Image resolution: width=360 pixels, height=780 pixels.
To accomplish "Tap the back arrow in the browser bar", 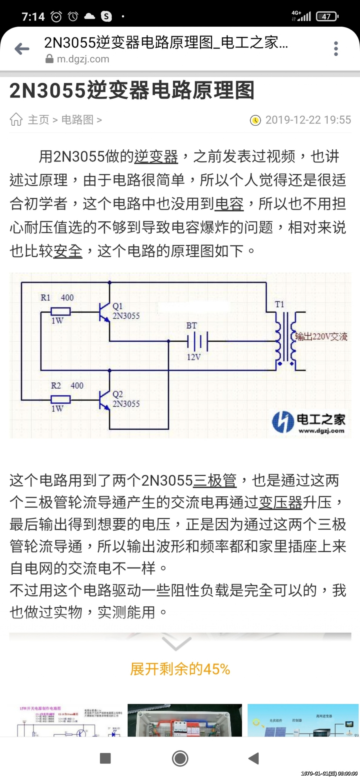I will click(x=22, y=49).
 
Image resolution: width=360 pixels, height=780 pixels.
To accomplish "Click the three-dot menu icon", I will click(x=336, y=49).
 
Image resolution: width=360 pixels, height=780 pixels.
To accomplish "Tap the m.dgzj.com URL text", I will click(x=83, y=59).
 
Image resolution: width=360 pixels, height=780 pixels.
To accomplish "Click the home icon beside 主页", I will click(x=16, y=119).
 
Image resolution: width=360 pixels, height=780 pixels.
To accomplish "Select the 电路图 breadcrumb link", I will click(x=77, y=120).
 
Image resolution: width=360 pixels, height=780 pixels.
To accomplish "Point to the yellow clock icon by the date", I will click(x=255, y=120).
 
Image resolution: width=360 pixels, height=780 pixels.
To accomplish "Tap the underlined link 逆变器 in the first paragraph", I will click(x=156, y=157).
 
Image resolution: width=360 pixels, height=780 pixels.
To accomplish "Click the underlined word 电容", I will click(x=229, y=204).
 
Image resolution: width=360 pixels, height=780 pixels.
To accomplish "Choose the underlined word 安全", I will click(x=68, y=251).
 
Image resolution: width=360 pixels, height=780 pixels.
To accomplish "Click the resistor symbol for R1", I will click(x=60, y=311).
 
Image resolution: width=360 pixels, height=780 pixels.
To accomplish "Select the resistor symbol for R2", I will click(x=60, y=399).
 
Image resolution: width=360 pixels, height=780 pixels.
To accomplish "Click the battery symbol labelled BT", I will click(x=197, y=341).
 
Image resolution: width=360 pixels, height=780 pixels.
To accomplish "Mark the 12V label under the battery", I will click(x=194, y=357).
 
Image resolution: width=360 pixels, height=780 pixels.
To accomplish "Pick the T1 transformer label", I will click(x=279, y=304).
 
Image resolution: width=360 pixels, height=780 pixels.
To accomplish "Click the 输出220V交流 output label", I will click(x=321, y=336).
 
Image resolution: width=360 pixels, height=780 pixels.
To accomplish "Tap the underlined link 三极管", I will click(x=215, y=481).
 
